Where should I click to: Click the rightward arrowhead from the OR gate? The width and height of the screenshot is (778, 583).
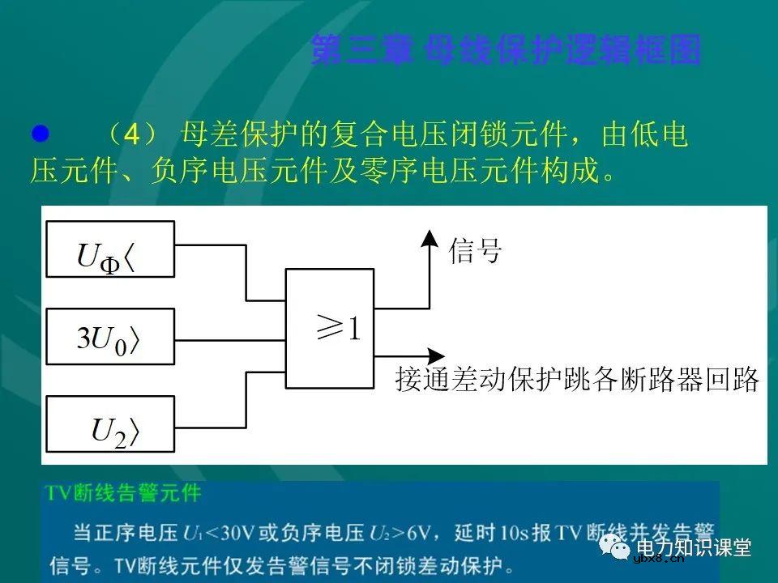coord(435,355)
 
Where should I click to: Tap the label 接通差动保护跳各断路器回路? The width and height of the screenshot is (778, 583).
coord(577,379)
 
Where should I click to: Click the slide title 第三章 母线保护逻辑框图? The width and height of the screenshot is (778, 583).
coord(506,49)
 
